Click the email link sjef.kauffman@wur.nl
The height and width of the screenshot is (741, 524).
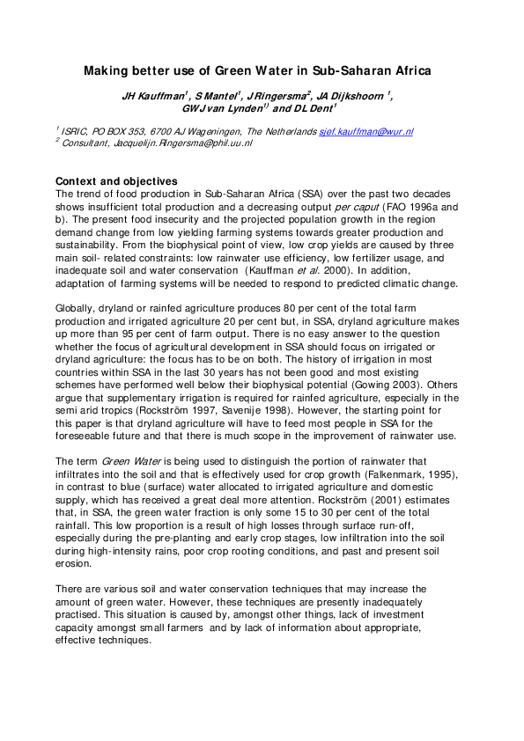point(365,131)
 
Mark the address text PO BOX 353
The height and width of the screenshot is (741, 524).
point(117,131)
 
